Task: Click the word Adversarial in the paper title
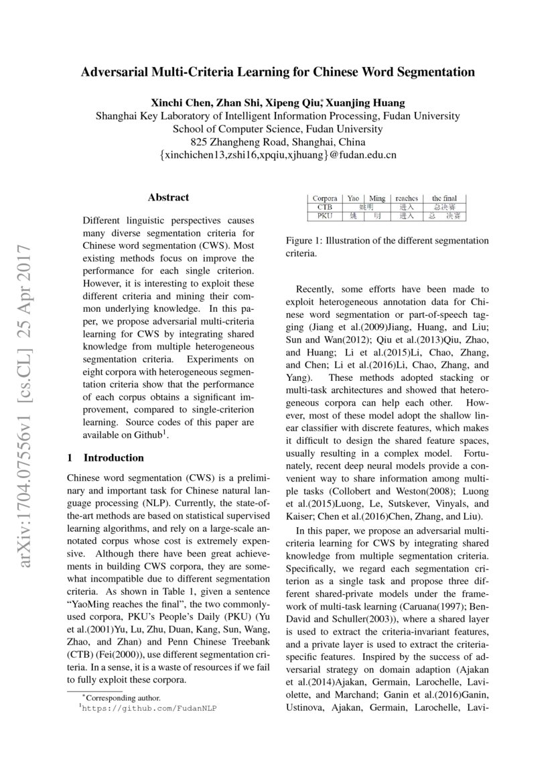tap(111, 72)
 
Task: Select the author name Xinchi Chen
tap(182, 103)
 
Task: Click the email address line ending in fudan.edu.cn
tap(278, 155)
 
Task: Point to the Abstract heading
tap(168, 197)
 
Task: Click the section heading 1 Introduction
tap(106, 458)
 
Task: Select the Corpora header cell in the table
tap(325, 199)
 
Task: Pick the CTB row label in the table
tap(325, 207)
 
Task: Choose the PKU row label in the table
tap(325, 216)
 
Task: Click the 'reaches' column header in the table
tap(407, 199)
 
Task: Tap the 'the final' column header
tap(445, 199)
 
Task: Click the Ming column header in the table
tap(377, 199)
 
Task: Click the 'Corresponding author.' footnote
tap(120, 697)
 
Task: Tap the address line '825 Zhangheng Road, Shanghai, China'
tap(278, 142)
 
